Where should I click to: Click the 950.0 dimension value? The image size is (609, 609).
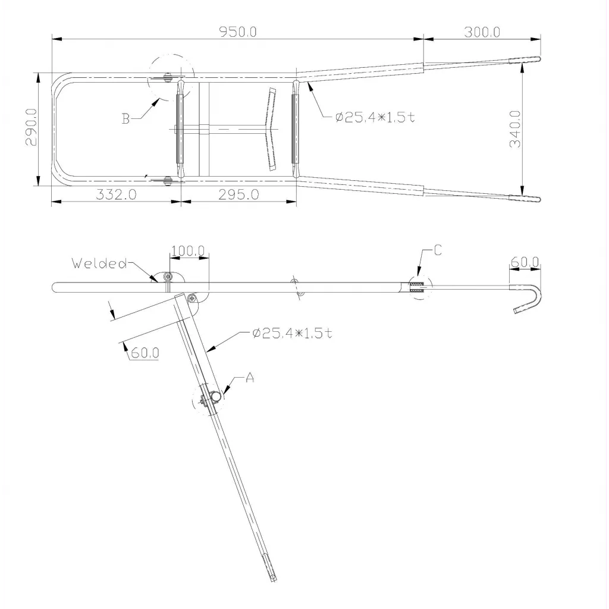238,32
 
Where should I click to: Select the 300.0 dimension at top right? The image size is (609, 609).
482,32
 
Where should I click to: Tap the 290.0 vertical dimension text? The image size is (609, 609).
31,127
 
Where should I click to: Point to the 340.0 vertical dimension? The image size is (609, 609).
516,129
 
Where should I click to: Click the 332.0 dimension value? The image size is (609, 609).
116,194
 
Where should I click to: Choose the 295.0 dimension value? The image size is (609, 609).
238,194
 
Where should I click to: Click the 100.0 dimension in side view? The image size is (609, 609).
188,251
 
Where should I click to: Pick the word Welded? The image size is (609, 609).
100,263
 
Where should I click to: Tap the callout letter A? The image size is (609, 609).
250,377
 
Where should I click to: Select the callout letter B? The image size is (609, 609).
125,118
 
